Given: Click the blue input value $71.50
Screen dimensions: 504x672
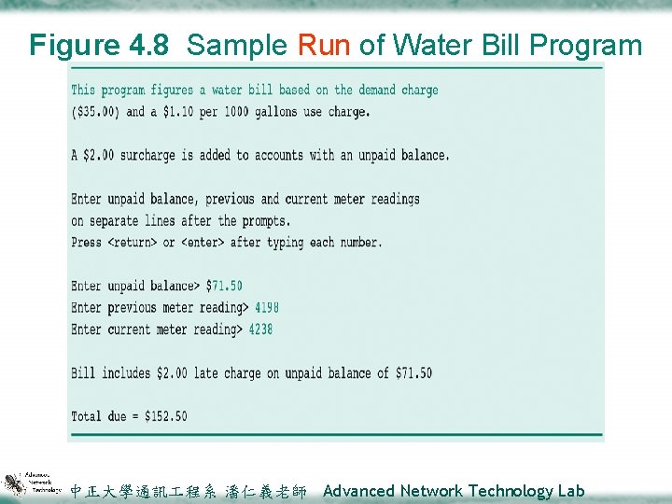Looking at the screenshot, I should [x=224, y=287].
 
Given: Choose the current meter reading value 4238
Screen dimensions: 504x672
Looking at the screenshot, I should [x=260, y=329].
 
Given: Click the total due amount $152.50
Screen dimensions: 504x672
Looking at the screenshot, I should [x=162, y=416].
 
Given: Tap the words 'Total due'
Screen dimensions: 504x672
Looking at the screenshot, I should [x=100, y=416].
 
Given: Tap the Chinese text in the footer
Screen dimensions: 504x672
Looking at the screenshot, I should [x=188, y=491].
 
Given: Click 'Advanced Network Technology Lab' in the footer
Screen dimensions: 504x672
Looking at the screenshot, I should [x=454, y=491].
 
